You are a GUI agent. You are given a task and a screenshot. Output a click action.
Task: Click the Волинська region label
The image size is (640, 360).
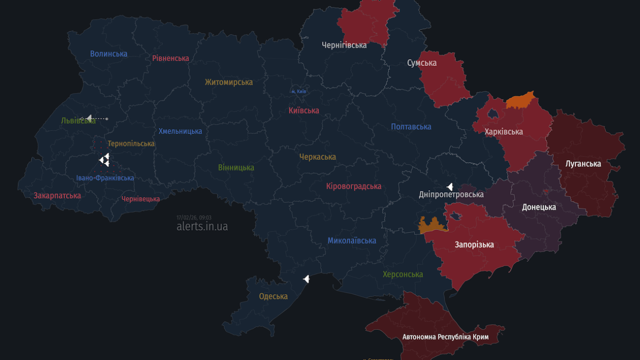[x=108, y=53]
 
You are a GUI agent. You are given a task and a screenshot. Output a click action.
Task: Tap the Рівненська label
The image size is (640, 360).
[x=170, y=58]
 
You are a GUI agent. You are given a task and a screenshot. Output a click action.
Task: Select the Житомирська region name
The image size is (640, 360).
[x=228, y=82]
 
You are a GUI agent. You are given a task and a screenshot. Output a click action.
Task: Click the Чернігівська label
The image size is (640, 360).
[x=344, y=45]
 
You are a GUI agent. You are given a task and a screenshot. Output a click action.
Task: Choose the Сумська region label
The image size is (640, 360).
[x=421, y=63]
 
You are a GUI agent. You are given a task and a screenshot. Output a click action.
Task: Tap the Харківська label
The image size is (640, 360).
[x=503, y=131]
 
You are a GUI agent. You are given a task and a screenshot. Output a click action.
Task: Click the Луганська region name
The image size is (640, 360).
[x=583, y=163]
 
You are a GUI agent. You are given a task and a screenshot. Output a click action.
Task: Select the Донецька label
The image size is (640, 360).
[x=539, y=207]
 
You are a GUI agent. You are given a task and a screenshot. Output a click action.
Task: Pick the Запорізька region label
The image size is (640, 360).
[x=474, y=244]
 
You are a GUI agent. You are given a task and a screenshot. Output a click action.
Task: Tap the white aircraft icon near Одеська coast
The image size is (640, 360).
[x=306, y=279]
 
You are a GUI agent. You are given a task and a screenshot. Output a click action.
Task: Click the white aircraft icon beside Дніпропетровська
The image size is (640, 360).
[x=450, y=186]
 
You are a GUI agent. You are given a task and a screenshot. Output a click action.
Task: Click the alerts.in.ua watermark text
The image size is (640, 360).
[x=202, y=226]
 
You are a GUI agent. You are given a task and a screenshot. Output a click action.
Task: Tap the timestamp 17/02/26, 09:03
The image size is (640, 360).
[x=193, y=217]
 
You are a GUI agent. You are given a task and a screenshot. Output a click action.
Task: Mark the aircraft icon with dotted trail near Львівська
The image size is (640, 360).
[x=89, y=118]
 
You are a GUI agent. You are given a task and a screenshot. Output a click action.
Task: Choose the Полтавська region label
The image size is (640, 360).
[x=410, y=127]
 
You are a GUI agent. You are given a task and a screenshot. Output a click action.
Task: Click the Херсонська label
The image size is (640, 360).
[x=402, y=274]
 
